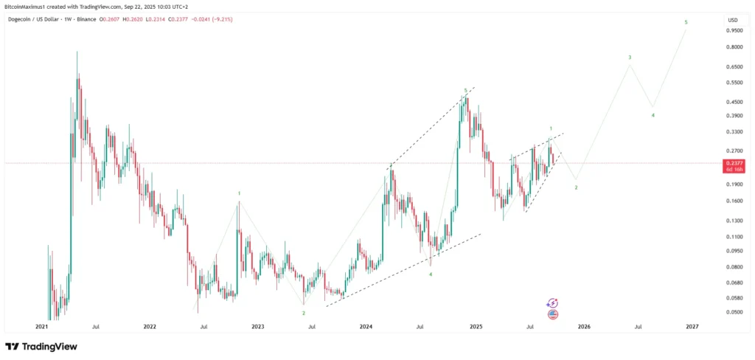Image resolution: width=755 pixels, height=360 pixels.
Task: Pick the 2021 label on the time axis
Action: pos(41,325)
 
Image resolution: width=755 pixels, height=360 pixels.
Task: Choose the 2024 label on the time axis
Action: pos(366,325)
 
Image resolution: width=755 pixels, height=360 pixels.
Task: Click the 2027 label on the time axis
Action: pos(692,325)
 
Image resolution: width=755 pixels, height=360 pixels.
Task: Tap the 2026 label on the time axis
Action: pos(584,325)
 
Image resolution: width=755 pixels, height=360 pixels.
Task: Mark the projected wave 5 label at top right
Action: pos(686,23)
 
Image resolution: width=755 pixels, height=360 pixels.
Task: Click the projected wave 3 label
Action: pos(629,58)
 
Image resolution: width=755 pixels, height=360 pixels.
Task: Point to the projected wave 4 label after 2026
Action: pos(653,115)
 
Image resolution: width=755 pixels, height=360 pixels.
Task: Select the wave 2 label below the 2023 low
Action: pos(303,313)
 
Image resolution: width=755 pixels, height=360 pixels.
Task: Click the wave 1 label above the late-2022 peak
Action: pos(239,193)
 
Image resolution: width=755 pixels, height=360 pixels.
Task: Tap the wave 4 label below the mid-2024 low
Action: pos(431,274)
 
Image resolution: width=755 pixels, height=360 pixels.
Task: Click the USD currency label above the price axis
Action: pos(732,19)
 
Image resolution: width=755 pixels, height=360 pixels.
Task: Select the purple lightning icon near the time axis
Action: pos(553,302)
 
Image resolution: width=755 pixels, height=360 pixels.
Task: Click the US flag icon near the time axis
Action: pos(553,314)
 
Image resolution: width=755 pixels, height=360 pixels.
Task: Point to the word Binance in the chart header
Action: pos(86,18)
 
